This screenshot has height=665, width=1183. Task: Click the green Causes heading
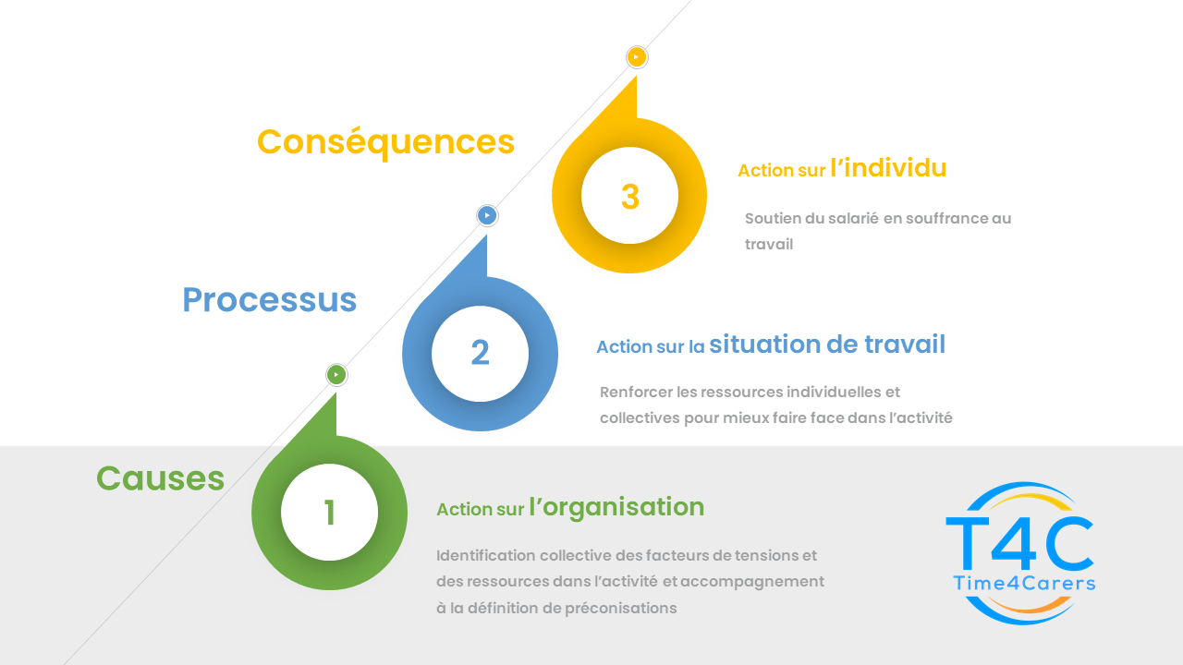(161, 478)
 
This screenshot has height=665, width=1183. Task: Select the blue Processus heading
(269, 300)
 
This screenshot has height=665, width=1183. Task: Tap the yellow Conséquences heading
(385, 142)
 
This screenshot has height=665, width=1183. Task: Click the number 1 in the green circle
(330, 513)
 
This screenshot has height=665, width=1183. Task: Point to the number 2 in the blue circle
(480, 353)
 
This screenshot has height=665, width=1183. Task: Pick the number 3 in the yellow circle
(630, 197)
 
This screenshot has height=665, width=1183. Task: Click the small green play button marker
(336, 375)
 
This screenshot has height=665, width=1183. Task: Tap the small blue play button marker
(487, 215)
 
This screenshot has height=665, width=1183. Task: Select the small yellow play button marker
(637, 57)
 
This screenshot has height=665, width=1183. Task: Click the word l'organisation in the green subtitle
(616, 508)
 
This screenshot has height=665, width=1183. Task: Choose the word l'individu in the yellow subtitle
(888, 168)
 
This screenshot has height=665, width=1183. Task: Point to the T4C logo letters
(1019, 544)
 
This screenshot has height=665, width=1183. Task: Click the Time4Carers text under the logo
(1024, 583)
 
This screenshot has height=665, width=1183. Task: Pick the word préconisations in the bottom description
(620, 609)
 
